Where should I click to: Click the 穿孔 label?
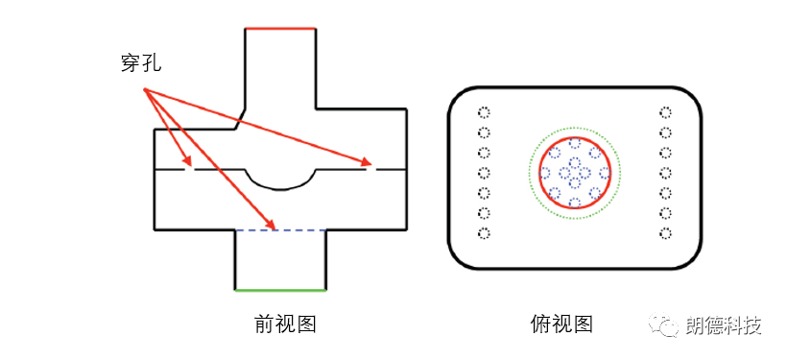(x=135, y=64)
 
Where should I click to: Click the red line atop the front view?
(x=280, y=29)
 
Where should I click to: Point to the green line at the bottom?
(x=281, y=288)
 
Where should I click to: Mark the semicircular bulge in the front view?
(x=281, y=180)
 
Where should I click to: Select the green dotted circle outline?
(x=529, y=173)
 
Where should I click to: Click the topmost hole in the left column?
(x=485, y=111)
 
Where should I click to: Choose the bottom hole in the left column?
(x=485, y=233)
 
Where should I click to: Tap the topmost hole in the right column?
(x=665, y=111)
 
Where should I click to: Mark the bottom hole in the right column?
(x=665, y=233)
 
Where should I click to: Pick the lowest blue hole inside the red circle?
(x=575, y=203)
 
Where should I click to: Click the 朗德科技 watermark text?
(x=724, y=326)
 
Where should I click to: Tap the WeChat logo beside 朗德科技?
(x=665, y=326)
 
